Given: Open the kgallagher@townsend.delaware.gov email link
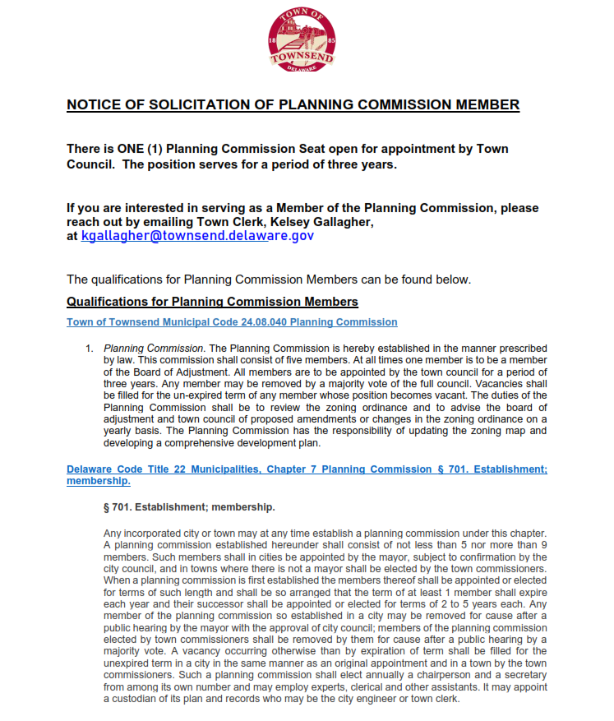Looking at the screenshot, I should tap(196, 235).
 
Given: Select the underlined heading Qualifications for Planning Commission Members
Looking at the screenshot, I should tap(212, 302).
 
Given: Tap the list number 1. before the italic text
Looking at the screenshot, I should tap(90, 349).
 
